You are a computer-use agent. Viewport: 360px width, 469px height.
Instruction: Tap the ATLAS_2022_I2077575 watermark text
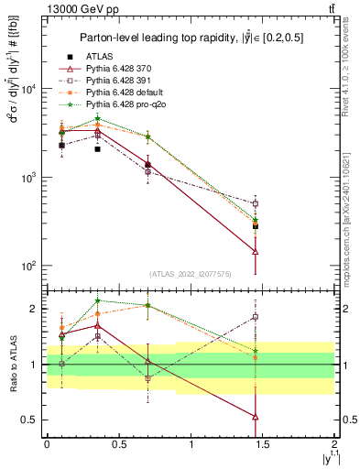point(191,273)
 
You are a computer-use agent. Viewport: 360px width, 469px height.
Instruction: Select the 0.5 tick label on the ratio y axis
point(30,420)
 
